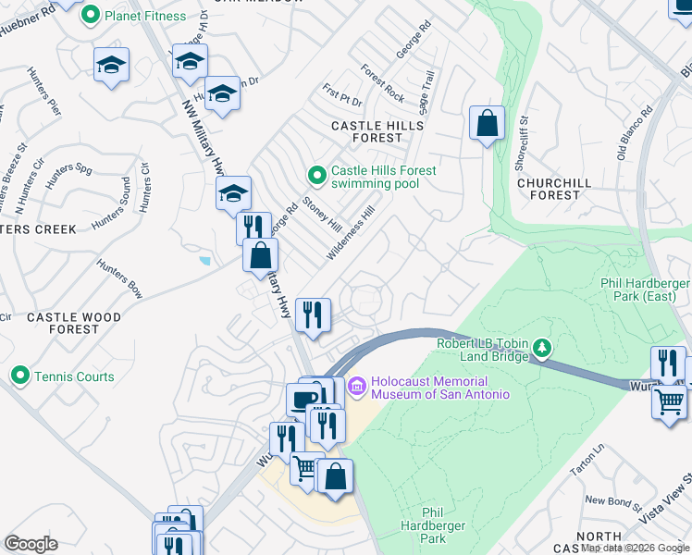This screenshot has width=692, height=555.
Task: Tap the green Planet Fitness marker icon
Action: (x=90, y=15)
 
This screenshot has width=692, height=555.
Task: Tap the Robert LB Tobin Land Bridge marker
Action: (x=542, y=348)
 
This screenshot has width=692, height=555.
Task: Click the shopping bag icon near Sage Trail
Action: (x=487, y=123)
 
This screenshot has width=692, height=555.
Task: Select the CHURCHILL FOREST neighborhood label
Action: (x=554, y=189)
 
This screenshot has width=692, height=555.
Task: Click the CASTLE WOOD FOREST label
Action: (x=74, y=323)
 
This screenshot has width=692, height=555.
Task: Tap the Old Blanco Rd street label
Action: (x=635, y=130)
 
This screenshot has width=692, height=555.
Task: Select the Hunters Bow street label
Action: (x=120, y=278)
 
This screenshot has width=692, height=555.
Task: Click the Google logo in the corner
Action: (x=31, y=543)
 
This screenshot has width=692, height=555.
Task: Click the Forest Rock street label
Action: (x=383, y=83)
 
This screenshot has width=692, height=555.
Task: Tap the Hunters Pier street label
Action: (x=44, y=92)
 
